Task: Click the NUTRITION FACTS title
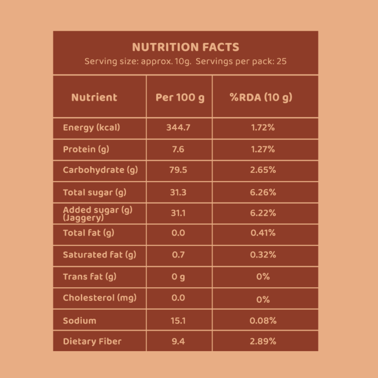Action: [x=185, y=47]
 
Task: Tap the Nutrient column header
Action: [x=94, y=97]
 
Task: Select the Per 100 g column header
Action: [x=180, y=97]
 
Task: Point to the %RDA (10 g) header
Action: [x=261, y=97]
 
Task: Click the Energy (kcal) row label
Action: [x=91, y=128]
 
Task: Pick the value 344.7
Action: [x=178, y=128]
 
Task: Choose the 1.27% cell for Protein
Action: [x=263, y=149]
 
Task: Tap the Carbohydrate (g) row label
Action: [x=100, y=170]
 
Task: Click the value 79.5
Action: [x=178, y=170]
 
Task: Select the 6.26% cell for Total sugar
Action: [x=263, y=192]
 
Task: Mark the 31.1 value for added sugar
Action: [x=178, y=213]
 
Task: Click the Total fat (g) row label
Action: [x=89, y=233]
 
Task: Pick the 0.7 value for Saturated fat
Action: [x=178, y=255]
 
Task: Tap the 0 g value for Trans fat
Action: [x=178, y=277]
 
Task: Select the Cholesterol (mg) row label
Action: [x=100, y=298]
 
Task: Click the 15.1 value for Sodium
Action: [x=178, y=321]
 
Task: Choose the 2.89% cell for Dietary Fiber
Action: [x=263, y=341]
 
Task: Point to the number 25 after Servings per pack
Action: [x=281, y=62]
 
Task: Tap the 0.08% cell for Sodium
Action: [x=263, y=321]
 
